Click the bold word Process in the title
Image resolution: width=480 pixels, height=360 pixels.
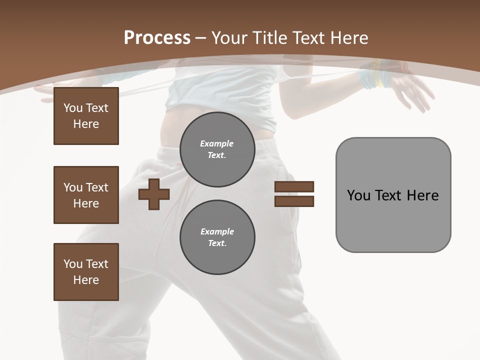(157, 38)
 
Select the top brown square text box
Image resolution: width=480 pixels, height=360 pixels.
(86, 116)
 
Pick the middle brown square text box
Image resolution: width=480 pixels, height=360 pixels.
(86, 195)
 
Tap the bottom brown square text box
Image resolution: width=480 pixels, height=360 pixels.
(86, 272)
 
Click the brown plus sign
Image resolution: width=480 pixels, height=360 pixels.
(154, 194)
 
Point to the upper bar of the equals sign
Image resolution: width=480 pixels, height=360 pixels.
(294, 186)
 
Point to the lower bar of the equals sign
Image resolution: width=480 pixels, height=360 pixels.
(294, 201)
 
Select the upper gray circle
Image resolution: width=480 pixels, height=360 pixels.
(217, 149)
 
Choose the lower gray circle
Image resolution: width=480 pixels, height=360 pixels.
(217, 237)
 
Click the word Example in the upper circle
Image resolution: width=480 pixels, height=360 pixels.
(217, 143)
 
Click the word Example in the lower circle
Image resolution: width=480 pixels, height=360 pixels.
(217, 231)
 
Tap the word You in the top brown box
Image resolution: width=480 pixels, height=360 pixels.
(73, 108)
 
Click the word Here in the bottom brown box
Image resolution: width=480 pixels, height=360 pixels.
(86, 280)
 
